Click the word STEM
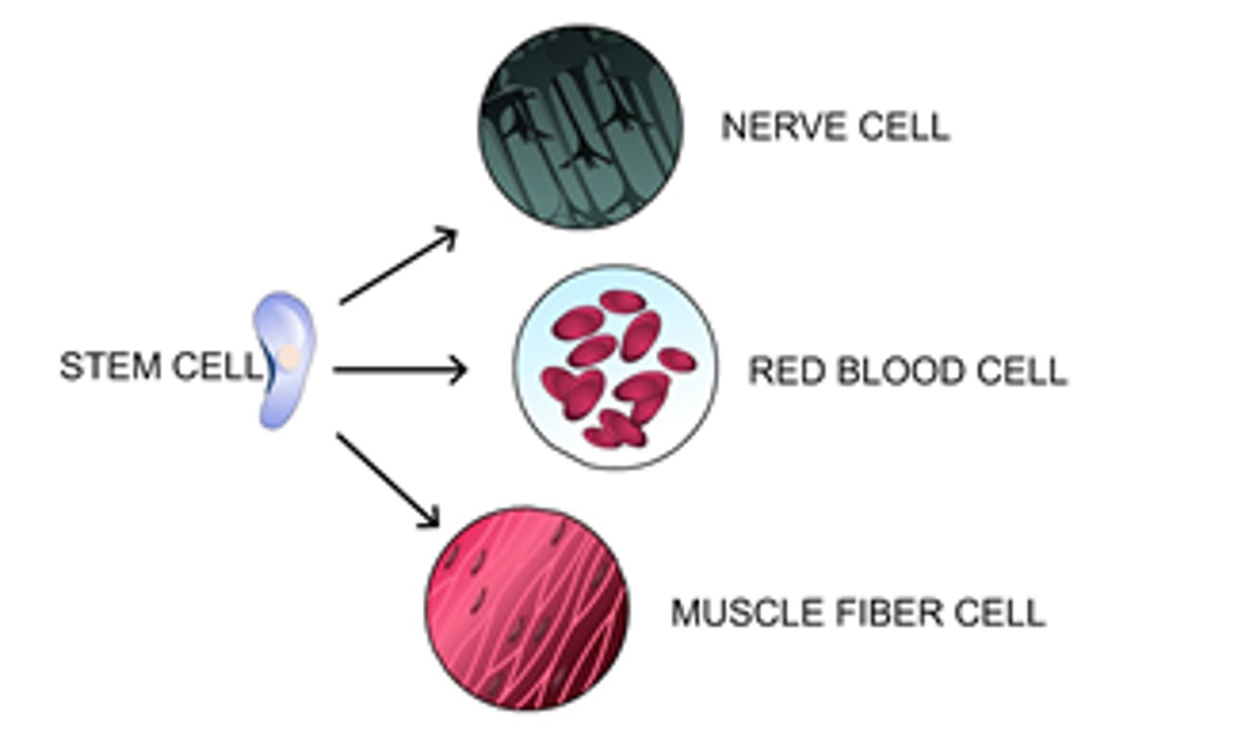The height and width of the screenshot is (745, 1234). [x=111, y=367]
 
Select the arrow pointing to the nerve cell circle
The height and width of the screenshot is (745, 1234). [x=398, y=266]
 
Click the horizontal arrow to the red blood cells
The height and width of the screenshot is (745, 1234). [x=398, y=370]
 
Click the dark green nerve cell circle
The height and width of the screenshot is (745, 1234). [x=580, y=127]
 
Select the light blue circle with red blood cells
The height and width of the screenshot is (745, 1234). [x=614, y=367]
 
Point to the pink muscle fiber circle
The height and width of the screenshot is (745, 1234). [x=526, y=608]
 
